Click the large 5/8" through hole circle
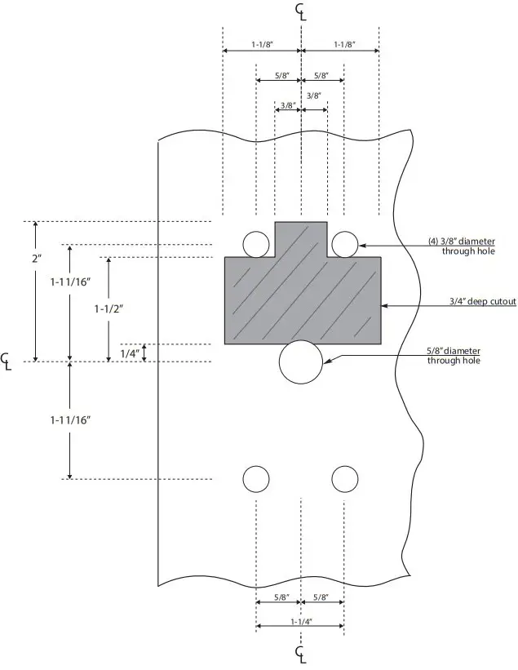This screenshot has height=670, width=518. [302, 362]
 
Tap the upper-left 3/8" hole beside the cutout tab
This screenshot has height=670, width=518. [255, 243]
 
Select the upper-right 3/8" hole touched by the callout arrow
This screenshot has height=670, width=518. [344, 243]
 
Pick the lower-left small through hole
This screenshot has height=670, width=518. [255, 479]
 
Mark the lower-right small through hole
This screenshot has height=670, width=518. [344, 479]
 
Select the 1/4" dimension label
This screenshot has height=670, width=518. [129, 353]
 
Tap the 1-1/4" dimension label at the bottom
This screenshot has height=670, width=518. [299, 622]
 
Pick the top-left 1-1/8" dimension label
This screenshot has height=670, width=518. [261, 44]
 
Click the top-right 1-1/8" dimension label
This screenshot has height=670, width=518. [340, 44]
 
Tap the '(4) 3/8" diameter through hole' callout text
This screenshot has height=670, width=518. [462, 246]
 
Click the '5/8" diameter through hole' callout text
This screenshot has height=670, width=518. [454, 356]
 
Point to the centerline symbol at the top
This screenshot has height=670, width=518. [302, 11]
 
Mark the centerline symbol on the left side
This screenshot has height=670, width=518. [7, 362]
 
